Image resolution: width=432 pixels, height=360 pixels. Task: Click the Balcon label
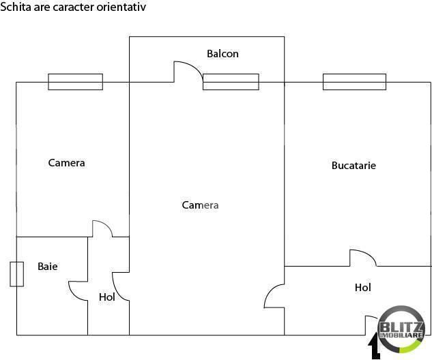coord(222,54)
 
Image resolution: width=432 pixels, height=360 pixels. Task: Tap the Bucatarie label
coord(354,166)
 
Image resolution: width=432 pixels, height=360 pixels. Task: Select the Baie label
coord(48,267)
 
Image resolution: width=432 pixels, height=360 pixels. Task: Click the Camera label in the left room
coord(66,163)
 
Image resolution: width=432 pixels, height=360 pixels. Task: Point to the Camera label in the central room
coord(200,205)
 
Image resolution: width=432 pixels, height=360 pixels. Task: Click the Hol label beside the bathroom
coord(107,297)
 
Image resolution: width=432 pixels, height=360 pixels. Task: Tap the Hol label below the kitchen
coord(363,288)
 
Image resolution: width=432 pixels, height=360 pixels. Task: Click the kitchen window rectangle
coord(354,82)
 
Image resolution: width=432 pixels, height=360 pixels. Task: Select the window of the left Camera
coord(76,82)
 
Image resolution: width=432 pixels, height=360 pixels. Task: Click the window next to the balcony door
coord(231,82)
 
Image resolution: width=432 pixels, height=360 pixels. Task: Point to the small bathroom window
coord(17,274)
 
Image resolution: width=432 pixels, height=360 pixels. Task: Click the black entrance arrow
coord(375,346)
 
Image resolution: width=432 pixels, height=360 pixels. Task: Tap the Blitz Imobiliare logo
coord(401,329)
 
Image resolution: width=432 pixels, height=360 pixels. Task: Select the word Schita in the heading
coord(16,7)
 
